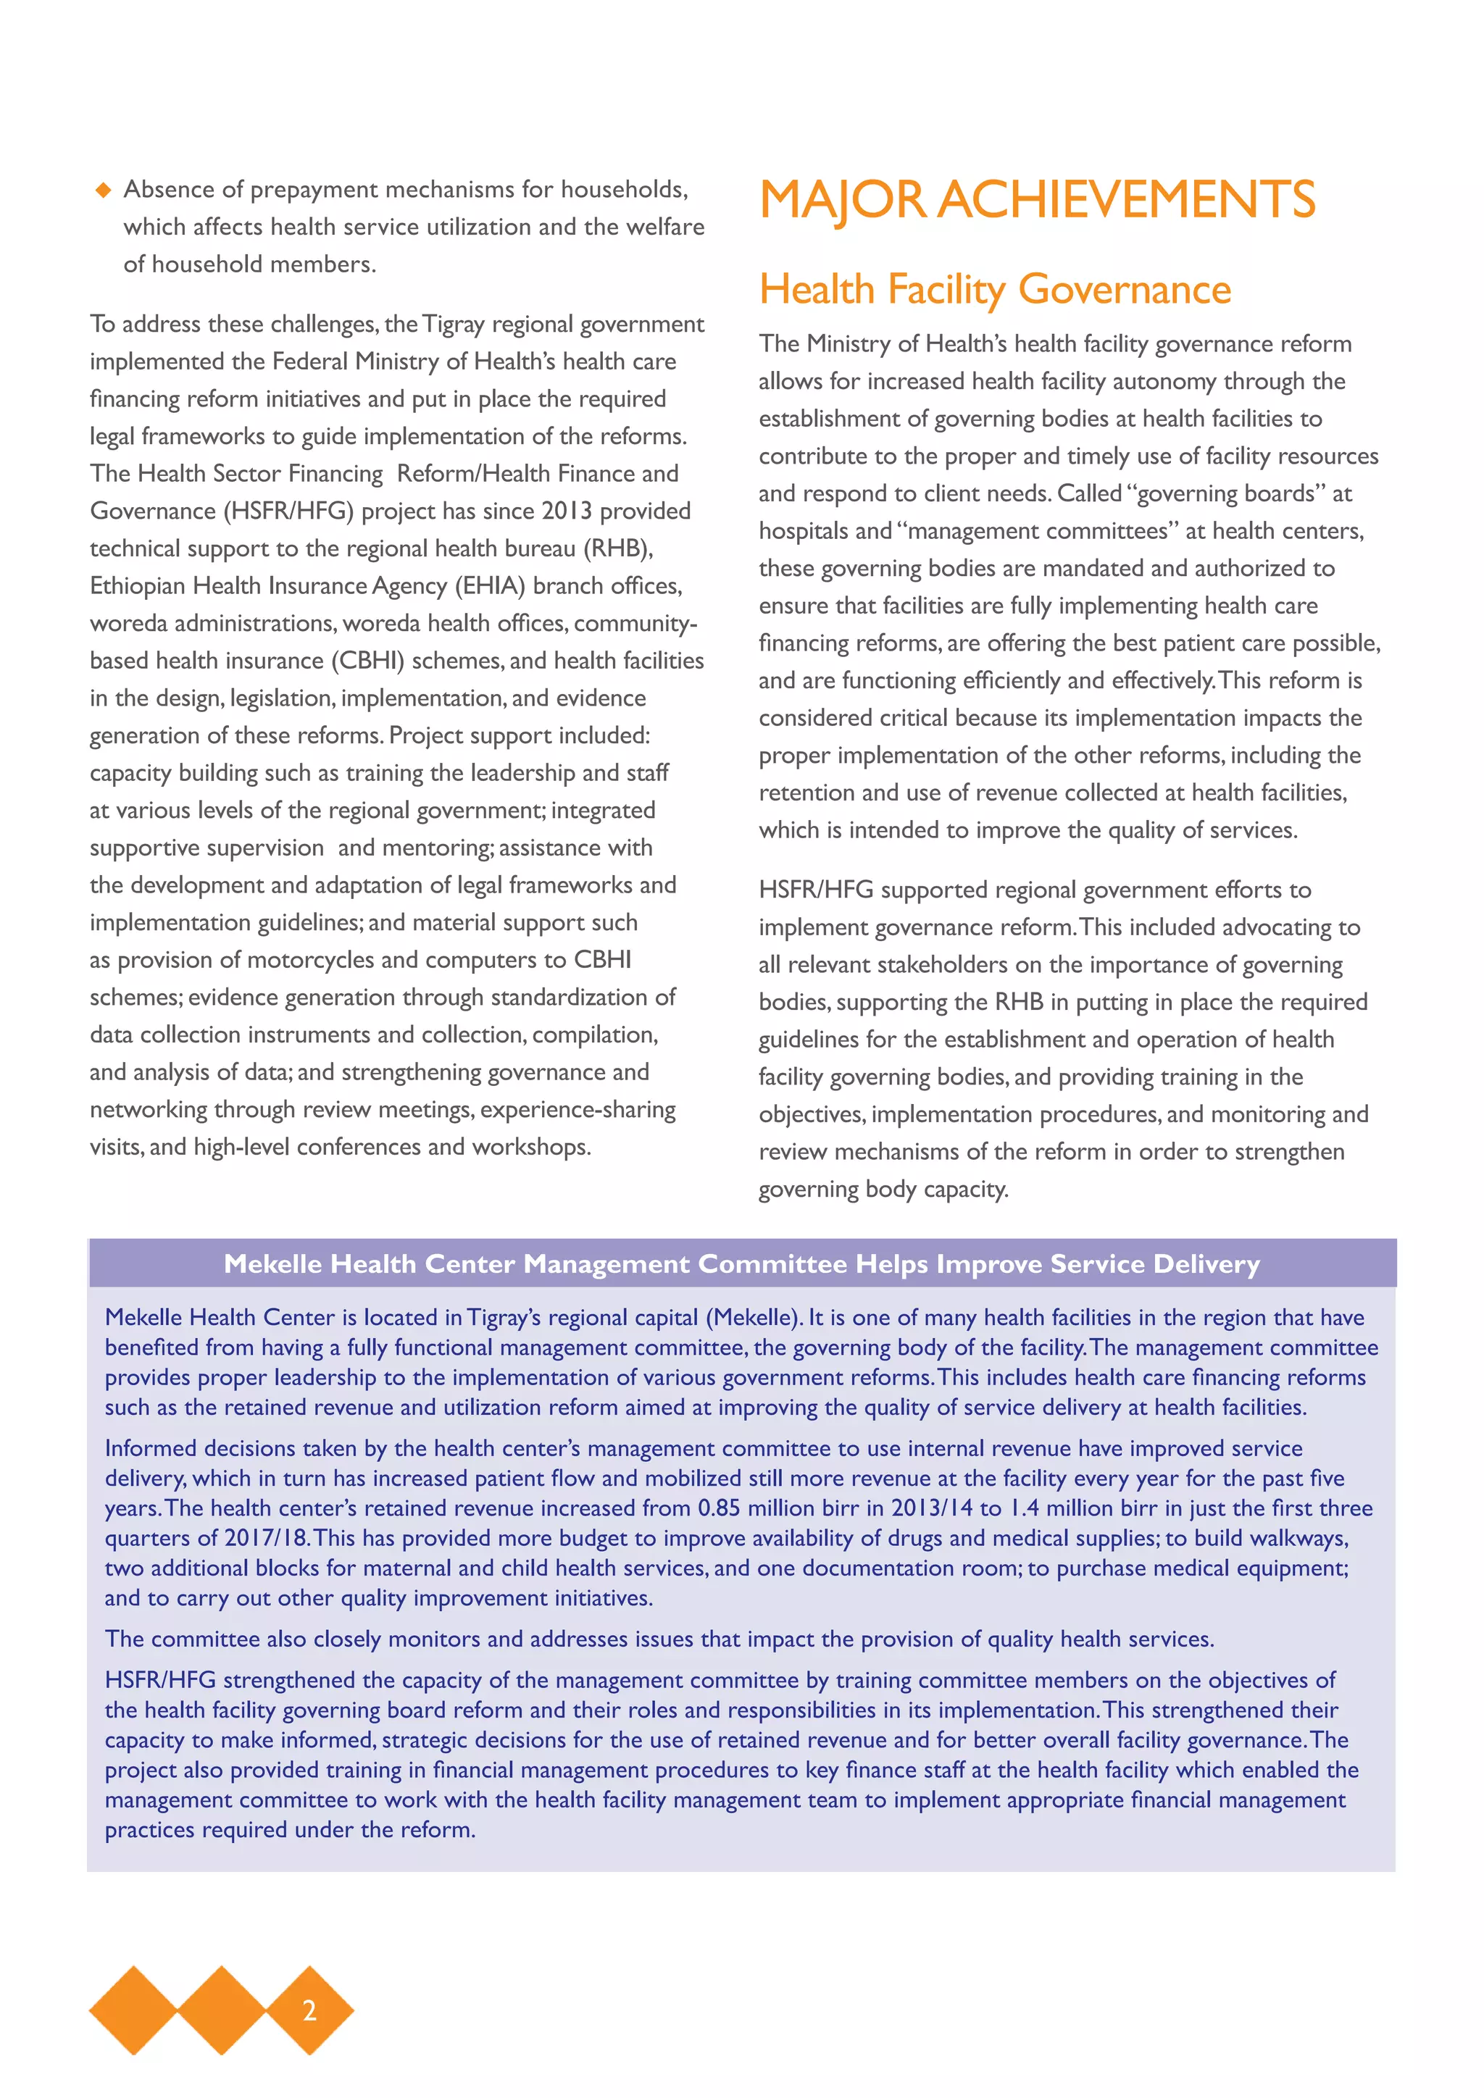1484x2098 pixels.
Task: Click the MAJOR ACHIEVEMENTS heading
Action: [x=1036, y=200]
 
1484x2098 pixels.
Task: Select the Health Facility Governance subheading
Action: [x=994, y=290]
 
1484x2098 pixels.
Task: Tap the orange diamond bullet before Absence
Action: [x=104, y=190]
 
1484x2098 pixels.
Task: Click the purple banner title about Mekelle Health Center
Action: [x=741, y=1263]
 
